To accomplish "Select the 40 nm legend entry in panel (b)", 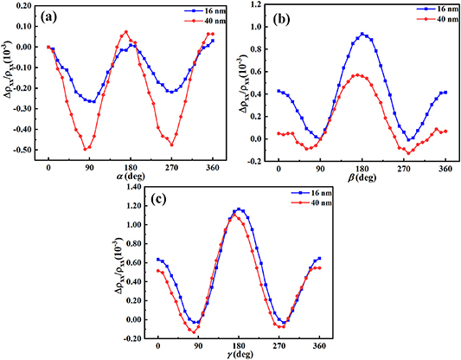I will [x=424, y=22].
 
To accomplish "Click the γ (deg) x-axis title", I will [x=238, y=354].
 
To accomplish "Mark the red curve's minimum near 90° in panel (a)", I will [x=86, y=149].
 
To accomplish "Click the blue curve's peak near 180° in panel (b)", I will [x=362, y=35].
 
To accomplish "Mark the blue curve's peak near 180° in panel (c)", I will [x=240, y=209].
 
